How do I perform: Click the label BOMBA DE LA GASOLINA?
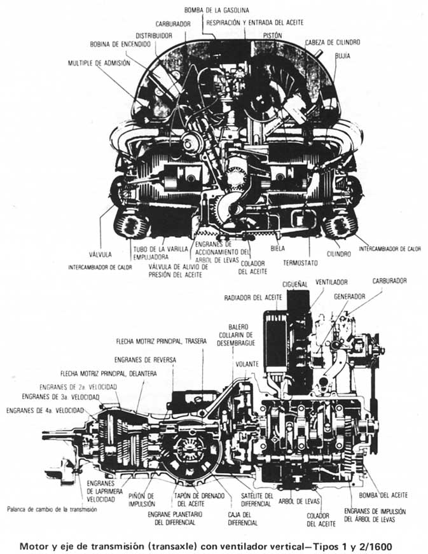(x=217, y=10)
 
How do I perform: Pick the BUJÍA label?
(x=343, y=56)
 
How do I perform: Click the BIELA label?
(x=277, y=243)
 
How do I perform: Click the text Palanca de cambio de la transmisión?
(x=52, y=510)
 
